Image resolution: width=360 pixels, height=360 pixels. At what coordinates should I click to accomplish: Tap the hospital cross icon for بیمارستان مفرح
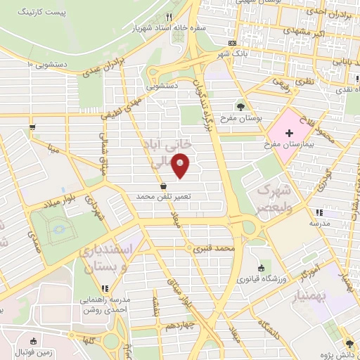(x=289, y=133)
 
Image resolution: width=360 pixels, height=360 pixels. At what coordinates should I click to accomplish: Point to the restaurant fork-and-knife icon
(x=168, y=18)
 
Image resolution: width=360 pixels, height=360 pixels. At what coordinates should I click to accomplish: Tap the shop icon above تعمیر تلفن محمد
(x=164, y=186)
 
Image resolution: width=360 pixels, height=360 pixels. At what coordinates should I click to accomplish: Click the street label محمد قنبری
(x=214, y=248)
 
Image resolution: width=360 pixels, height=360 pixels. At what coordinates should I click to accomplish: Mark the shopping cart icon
(x=32, y=127)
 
